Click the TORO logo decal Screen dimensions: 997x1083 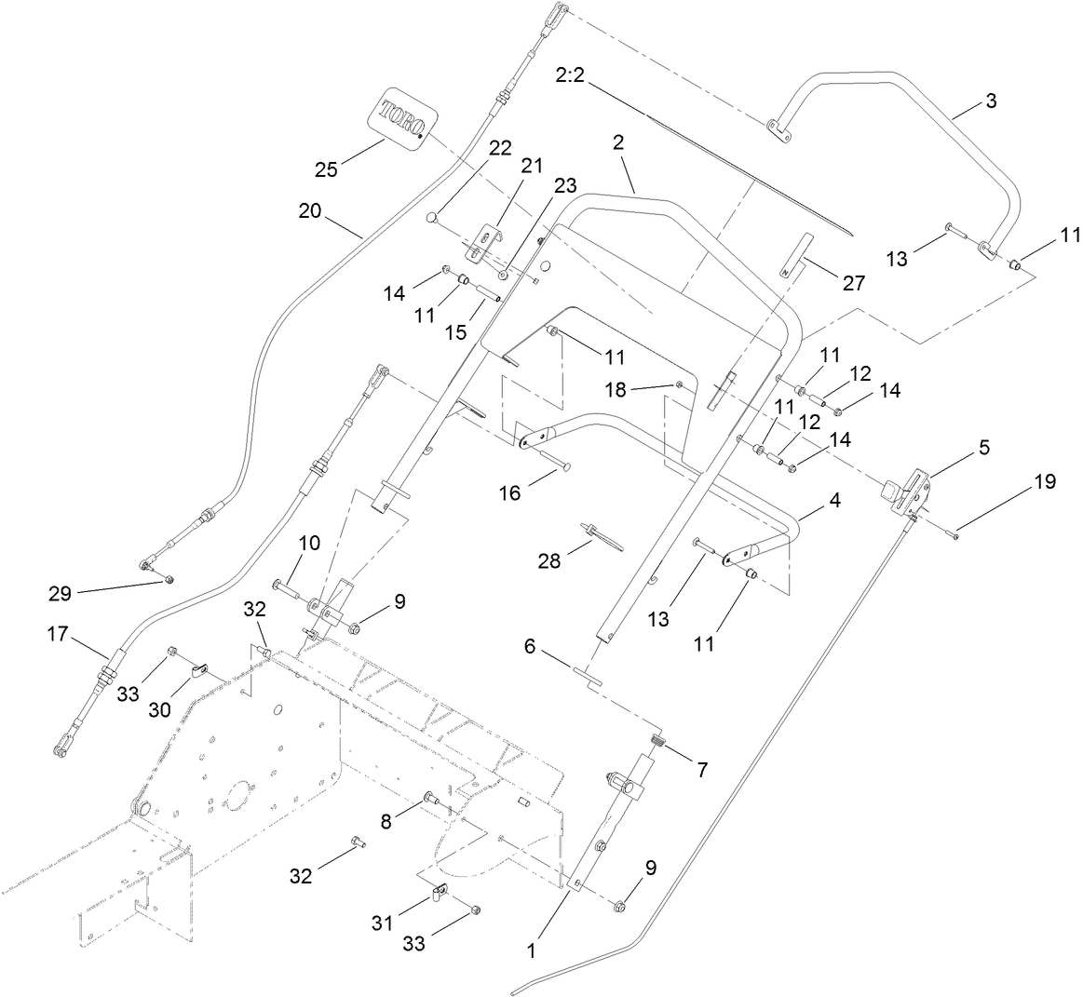tap(403, 117)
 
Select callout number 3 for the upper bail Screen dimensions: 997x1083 tap(991, 101)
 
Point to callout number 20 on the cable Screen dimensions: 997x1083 tap(310, 210)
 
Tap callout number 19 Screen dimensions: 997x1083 tap(1045, 481)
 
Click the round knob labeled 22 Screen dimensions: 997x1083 tap(431, 218)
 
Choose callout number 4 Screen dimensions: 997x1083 tap(834, 499)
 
